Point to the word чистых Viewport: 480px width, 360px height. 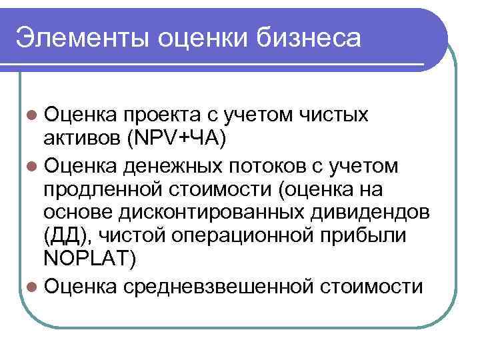[x=329, y=115]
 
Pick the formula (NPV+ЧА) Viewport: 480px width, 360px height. [x=180, y=137]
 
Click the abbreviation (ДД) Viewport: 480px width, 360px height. [x=63, y=237]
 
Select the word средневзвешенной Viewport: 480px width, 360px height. [x=216, y=287]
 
